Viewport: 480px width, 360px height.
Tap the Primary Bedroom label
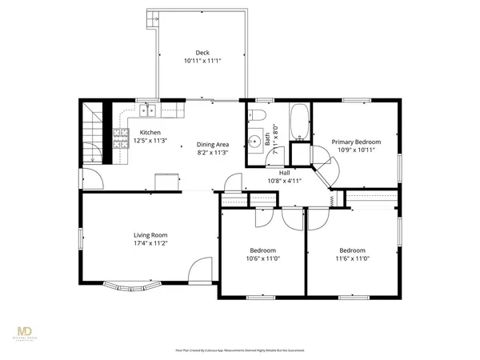coord(356,142)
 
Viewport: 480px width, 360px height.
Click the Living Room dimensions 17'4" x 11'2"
coord(150,243)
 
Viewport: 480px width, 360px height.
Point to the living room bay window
coord(131,285)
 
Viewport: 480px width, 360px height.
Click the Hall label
coord(284,172)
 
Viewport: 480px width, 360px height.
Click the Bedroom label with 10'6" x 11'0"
coord(262,250)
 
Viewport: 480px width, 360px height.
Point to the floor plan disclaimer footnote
coord(240,350)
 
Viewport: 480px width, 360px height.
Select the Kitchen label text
coord(150,133)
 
